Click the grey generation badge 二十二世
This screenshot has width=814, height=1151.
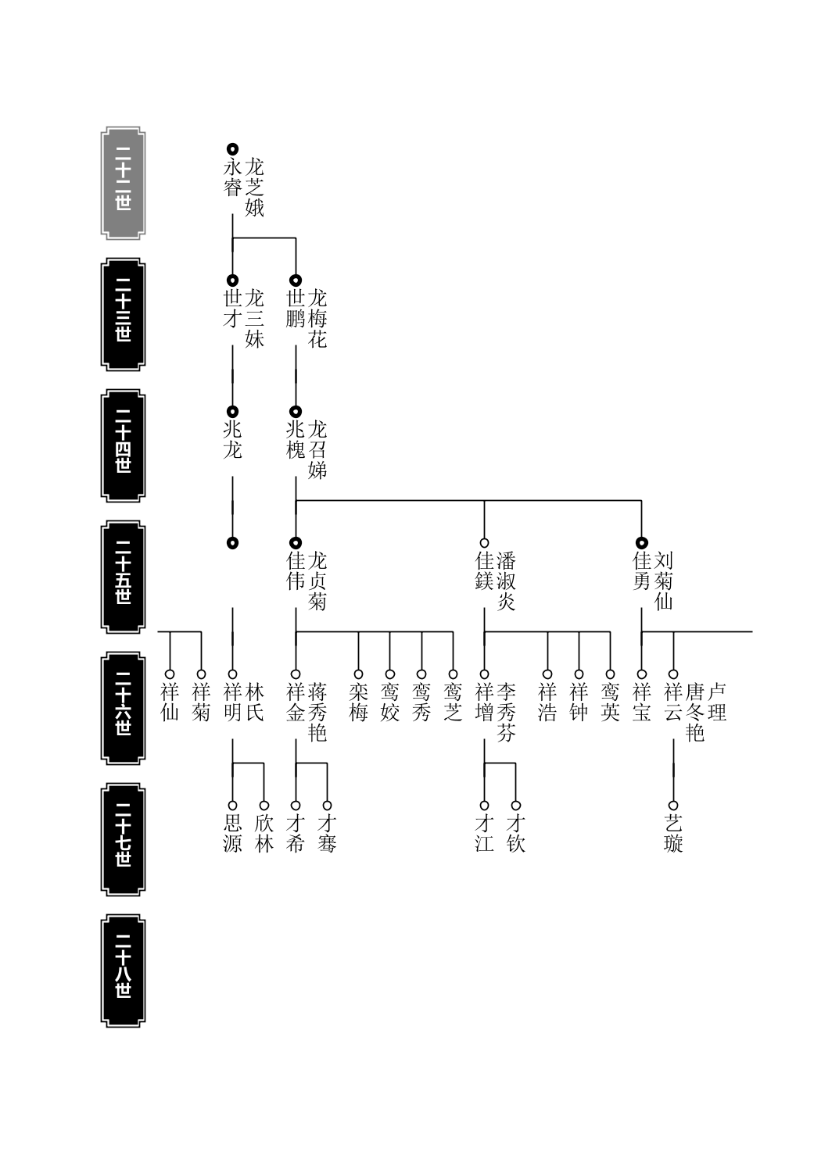tap(123, 183)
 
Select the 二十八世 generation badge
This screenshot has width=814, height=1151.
tap(123, 970)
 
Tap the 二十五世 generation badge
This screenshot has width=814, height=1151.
tap(123, 577)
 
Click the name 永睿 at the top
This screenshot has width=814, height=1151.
tap(232, 177)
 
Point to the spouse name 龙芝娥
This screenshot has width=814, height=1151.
tap(254, 188)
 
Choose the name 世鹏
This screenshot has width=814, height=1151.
tap(296, 309)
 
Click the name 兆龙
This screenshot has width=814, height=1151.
tap(232, 440)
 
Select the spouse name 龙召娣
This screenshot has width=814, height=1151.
tap(317, 450)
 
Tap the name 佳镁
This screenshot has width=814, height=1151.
tap(484, 571)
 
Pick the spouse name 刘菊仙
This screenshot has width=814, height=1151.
tap(663, 581)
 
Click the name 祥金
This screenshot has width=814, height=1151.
tap(296, 702)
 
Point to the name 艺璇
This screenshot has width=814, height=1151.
tap(673, 834)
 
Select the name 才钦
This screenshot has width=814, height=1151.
tap(516, 834)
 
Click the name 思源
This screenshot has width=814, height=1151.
tap(232, 834)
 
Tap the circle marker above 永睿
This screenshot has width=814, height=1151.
tap(232, 149)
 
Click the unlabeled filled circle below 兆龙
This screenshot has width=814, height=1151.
tap(232, 542)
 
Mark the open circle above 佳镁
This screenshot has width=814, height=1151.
tap(484, 542)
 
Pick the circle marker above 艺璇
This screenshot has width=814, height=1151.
tap(673, 805)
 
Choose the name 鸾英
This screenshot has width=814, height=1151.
tap(610, 702)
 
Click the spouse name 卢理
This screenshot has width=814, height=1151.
tap(717, 702)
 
